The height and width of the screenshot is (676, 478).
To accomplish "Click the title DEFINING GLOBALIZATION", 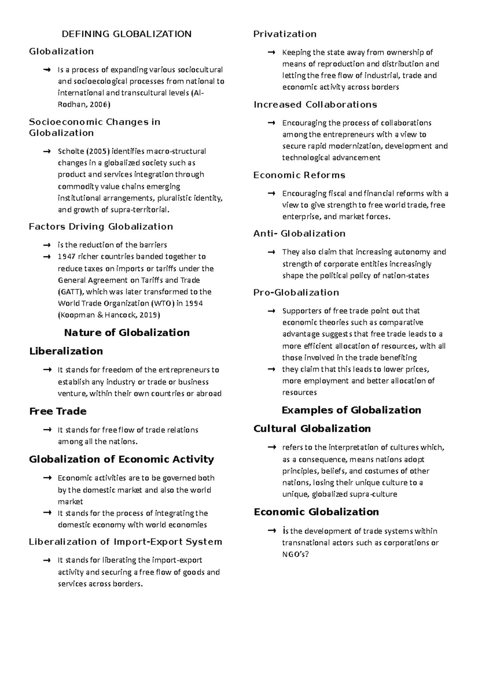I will (126, 34).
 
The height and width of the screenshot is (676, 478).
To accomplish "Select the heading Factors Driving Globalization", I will (101, 227).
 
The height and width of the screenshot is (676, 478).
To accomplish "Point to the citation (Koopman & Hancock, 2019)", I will (109, 315).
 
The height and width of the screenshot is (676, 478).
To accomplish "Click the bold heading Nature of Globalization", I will (127, 332).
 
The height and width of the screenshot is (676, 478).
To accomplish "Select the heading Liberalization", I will (66, 351).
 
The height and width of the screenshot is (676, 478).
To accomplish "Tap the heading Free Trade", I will (58, 411).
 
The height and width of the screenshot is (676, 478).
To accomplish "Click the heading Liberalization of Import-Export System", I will (125, 542).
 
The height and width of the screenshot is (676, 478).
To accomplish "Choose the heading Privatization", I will (285, 34).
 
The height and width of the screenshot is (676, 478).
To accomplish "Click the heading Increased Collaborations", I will (315, 105).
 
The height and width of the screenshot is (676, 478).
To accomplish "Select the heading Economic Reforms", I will (299, 175).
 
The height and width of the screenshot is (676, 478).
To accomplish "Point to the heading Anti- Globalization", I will (299, 234).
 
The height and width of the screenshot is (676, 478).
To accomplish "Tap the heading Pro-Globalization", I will (296, 293).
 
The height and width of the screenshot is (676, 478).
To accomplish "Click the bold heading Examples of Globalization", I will (351, 410).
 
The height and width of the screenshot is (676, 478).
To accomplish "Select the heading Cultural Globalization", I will (312, 429).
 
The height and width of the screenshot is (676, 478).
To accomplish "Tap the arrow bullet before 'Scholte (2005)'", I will (47, 151).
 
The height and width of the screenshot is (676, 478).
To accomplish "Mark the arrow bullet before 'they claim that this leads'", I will (271, 369).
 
